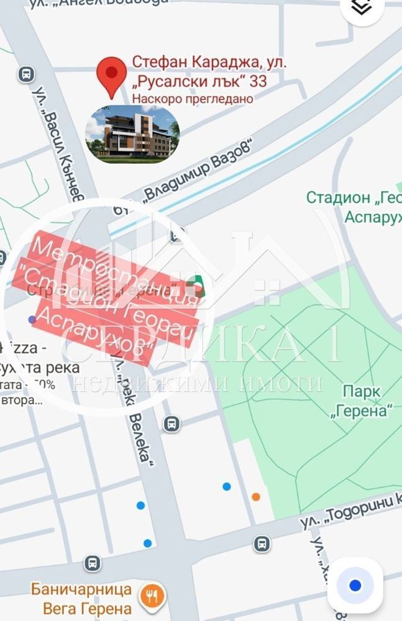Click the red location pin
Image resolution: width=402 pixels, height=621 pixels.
tap(112, 76)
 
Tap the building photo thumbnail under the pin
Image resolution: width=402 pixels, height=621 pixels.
tap(132, 134)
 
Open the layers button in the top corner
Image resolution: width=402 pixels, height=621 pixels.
tap(362, 7)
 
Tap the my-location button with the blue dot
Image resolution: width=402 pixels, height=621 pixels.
tap(355, 585)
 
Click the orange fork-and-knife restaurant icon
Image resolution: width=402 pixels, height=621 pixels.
tap(150, 597)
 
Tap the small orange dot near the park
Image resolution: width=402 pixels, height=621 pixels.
tap(256, 496)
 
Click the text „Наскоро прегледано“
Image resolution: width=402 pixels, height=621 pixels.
tap(193, 98)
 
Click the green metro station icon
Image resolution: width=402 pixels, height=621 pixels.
tap(198, 287)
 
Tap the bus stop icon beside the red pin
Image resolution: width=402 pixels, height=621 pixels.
tap(26, 75)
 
